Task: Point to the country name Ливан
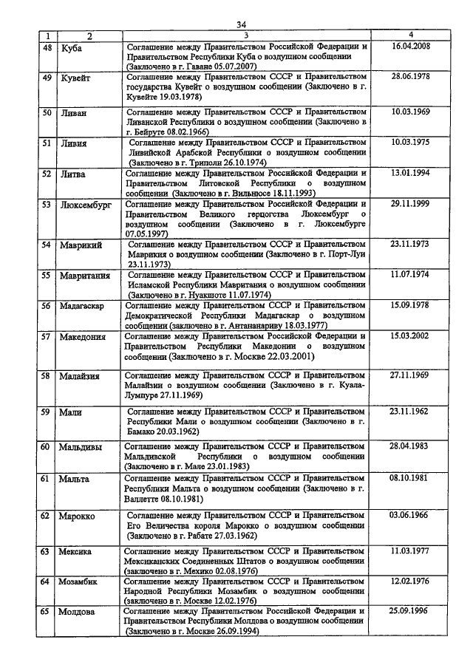74,113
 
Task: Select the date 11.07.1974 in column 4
411,273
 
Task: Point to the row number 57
47,337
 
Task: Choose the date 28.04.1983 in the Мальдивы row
411,446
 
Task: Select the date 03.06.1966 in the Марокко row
411,514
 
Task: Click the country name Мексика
77,551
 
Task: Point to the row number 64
47,582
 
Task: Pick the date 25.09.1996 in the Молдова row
411,611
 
